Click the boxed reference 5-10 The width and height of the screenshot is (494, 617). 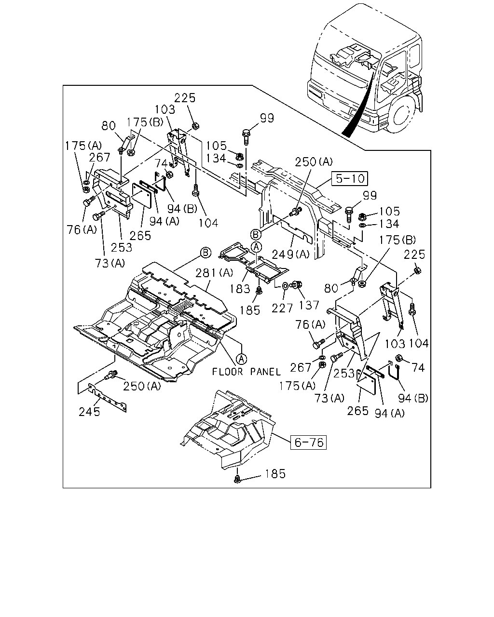[x=350, y=179]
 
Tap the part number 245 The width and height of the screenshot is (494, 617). [x=89, y=412]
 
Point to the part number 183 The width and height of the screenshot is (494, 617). [x=240, y=289]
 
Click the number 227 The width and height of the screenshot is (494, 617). [x=282, y=308]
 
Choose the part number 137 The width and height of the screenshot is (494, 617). [x=309, y=305]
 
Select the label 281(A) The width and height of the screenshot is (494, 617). [x=214, y=273]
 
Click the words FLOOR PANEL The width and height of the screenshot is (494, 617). [x=247, y=372]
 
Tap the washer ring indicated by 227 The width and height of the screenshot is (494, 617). [x=286, y=286]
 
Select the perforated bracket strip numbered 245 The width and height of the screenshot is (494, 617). [x=108, y=398]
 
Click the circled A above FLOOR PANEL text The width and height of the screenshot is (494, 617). [x=241, y=359]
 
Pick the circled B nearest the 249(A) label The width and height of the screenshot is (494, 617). [x=256, y=235]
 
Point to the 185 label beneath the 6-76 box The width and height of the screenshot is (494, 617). [x=275, y=474]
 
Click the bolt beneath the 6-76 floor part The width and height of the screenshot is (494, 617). [x=237, y=479]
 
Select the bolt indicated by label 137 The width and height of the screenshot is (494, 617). [x=297, y=284]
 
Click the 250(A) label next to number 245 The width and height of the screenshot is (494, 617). [x=142, y=386]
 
